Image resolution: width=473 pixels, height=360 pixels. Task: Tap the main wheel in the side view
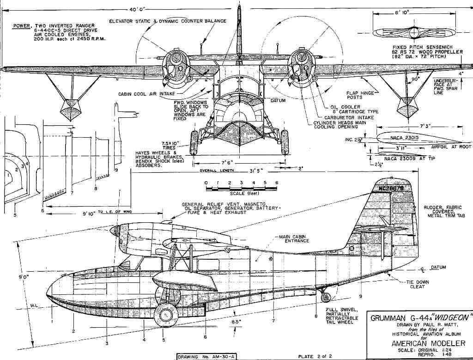pos(165,314)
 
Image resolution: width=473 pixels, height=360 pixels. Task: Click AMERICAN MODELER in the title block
pos(422,342)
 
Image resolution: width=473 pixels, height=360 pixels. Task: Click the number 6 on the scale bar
pos(276,183)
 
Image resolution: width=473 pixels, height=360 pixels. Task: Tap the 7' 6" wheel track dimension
pos(239,163)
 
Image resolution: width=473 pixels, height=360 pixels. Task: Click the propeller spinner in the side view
pos(115,232)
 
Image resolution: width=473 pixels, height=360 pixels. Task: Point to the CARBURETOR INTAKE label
pos(347,117)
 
